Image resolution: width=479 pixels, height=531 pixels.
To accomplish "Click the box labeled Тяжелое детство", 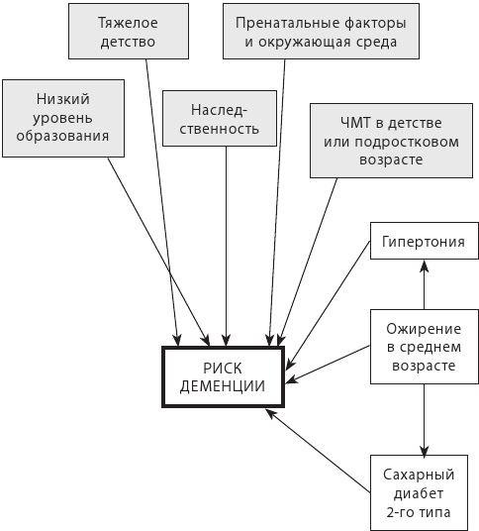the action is (x=129, y=31).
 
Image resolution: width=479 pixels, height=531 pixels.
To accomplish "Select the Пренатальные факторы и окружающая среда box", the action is (x=321, y=31).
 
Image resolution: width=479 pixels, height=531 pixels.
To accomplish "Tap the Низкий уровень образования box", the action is (x=63, y=118).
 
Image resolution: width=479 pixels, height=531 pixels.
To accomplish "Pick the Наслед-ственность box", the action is (x=220, y=118).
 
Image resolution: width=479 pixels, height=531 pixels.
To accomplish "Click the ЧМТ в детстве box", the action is (x=391, y=141).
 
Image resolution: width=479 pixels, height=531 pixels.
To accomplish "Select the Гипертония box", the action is (x=425, y=241).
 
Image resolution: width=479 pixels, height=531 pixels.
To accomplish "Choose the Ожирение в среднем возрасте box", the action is (x=425, y=347).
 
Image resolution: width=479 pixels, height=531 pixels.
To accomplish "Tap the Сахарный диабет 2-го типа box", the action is (x=419, y=492).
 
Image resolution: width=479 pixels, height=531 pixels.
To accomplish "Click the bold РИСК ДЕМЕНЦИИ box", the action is (x=223, y=376).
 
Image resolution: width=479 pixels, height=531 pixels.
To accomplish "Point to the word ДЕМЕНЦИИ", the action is (x=223, y=386).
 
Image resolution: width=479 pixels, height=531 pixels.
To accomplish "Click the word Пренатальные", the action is (x=288, y=23).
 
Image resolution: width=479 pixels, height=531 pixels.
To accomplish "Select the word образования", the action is (x=62, y=136).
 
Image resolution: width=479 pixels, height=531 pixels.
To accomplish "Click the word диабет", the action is (x=419, y=493).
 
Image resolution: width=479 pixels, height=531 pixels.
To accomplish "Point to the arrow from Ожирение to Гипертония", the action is (x=425, y=284).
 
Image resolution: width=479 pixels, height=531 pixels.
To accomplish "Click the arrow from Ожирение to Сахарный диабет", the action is (x=425, y=419).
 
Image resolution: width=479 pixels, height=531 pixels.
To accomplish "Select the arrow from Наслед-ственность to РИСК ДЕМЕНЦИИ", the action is (x=226, y=247).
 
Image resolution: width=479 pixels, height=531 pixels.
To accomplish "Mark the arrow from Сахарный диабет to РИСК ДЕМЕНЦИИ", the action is (x=318, y=451).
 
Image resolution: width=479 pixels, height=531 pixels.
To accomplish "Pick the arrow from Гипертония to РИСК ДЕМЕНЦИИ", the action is (x=329, y=305).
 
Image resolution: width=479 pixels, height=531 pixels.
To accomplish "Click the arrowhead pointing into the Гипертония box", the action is (x=425, y=265).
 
